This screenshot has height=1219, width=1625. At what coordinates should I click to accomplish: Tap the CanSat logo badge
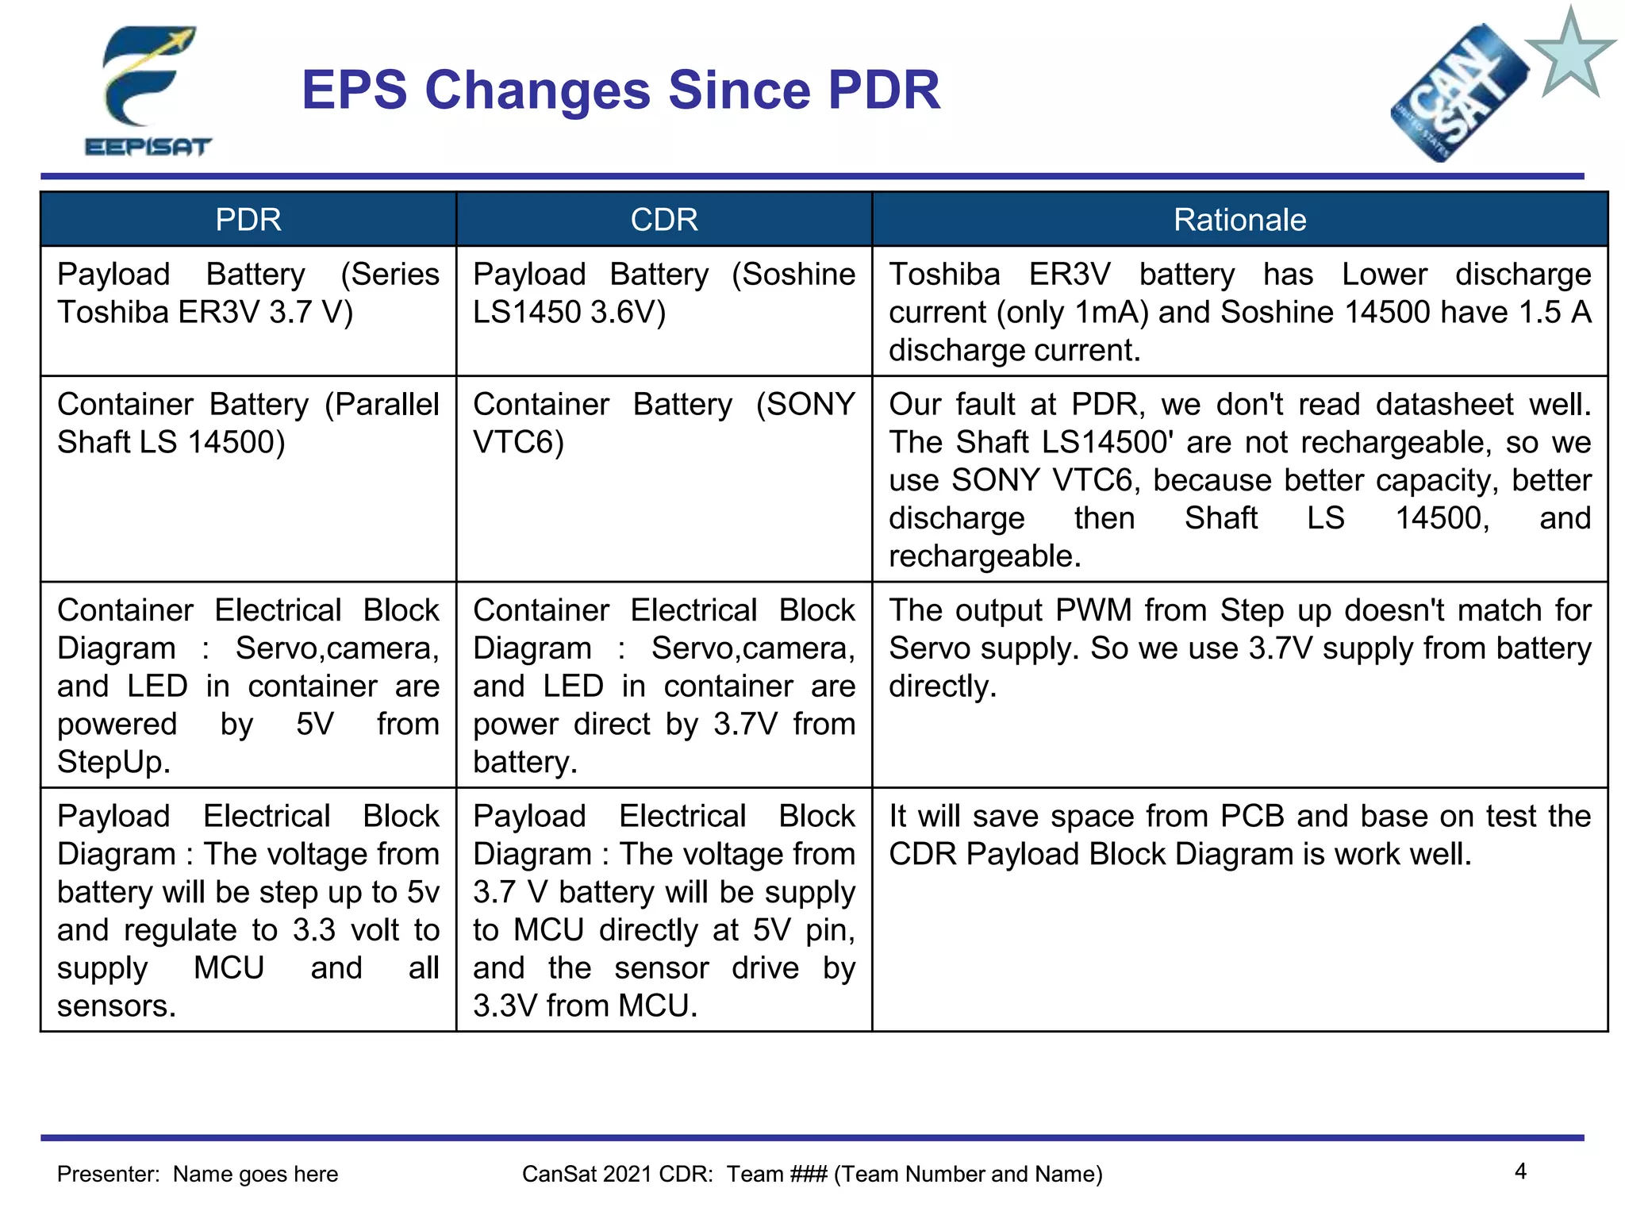tap(1458, 94)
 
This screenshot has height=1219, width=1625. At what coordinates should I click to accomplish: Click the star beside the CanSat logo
tap(1570, 54)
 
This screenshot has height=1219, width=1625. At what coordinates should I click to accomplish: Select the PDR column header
tap(248, 220)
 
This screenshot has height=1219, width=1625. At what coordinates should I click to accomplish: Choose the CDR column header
tap(664, 220)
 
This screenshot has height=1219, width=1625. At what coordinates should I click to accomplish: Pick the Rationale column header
tap(1239, 220)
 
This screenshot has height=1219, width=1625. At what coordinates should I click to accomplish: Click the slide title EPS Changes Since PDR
tap(620, 90)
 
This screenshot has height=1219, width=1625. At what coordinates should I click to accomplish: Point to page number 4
tap(1520, 1171)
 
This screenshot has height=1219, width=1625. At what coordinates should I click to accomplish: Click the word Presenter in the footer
tap(108, 1174)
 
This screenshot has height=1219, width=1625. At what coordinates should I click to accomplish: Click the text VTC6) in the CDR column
tap(518, 442)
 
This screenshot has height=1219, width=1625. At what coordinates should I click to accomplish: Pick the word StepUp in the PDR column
tap(113, 762)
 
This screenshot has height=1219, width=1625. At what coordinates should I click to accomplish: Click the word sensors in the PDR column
tap(115, 1006)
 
